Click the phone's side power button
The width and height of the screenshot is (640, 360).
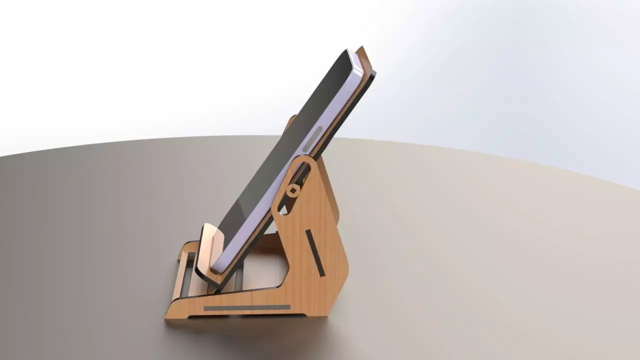click(x=312, y=138)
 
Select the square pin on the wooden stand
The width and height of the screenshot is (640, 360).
click(x=292, y=190)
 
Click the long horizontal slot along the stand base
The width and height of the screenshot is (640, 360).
click(x=247, y=307)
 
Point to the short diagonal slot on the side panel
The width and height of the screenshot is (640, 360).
click(x=315, y=253)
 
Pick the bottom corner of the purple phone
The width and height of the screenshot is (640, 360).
click(x=220, y=267)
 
